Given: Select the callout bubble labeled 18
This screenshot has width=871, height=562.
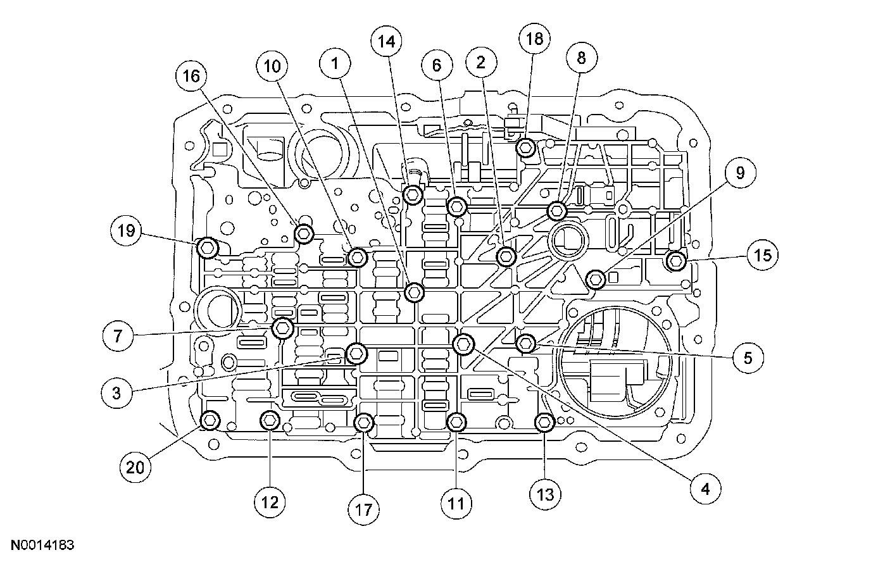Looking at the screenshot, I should click(x=535, y=39).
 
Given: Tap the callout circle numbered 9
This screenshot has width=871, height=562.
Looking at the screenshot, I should click(x=739, y=173).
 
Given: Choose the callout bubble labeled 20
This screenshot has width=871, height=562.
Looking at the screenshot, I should click(x=136, y=468).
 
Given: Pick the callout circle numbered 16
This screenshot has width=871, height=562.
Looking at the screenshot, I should click(x=191, y=76).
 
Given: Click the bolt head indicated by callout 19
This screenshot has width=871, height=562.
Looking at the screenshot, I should click(x=208, y=247).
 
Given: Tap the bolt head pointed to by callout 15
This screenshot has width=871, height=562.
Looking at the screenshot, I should click(x=676, y=260).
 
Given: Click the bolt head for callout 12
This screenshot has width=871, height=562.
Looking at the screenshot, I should click(x=270, y=419).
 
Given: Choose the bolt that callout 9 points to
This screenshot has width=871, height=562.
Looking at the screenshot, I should click(x=596, y=278).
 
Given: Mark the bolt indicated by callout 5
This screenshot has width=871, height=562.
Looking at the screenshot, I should click(x=526, y=344).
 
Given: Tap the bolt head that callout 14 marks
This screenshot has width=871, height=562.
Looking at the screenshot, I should click(x=413, y=193).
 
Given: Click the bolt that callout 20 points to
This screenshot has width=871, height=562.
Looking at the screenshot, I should click(x=210, y=419).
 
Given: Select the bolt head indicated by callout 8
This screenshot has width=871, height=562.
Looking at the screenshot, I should click(x=557, y=210).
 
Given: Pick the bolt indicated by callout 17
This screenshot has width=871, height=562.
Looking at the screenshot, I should click(x=364, y=422).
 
